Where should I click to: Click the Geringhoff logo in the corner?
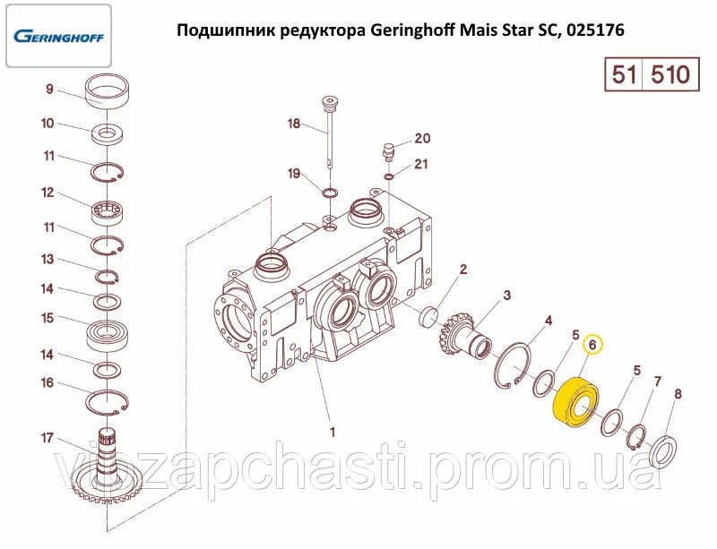point(58,36)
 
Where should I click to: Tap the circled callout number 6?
point(592,345)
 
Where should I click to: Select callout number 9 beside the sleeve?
point(49,89)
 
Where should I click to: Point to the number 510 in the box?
point(669,74)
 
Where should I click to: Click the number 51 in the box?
point(624,74)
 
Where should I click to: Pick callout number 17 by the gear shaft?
point(48,438)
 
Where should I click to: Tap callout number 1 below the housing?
point(333,432)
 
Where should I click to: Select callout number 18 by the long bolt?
point(294,124)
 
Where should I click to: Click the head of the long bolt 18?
point(329,102)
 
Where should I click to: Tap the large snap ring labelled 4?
point(512,365)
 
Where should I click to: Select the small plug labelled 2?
point(429,317)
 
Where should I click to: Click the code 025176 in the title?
point(595,30)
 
